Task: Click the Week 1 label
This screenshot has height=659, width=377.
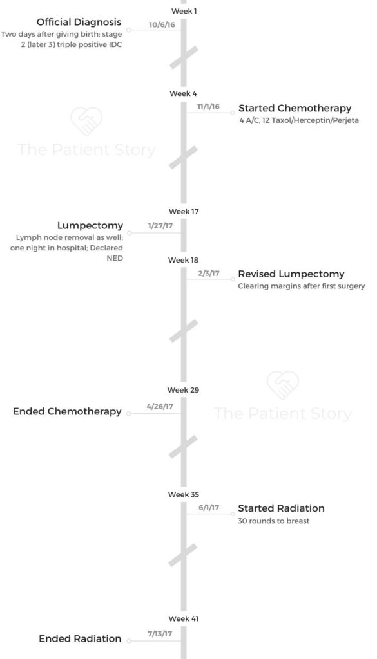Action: click(x=184, y=11)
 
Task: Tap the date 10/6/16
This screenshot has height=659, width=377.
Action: click(x=162, y=24)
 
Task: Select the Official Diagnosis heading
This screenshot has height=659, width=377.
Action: click(x=79, y=22)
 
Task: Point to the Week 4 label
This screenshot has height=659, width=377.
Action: click(x=183, y=94)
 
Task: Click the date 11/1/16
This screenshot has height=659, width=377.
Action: click(x=208, y=107)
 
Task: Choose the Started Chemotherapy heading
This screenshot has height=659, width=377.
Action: click(x=295, y=108)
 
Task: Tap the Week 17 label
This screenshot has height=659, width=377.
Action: click(x=184, y=211)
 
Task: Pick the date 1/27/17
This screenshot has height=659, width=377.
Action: click(x=160, y=226)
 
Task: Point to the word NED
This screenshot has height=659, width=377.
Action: click(x=115, y=258)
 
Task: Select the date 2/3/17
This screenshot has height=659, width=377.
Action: click(x=209, y=274)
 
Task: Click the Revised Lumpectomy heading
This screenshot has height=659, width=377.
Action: click(x=291, y=274)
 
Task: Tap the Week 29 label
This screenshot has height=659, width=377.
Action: click(x=184, y=390)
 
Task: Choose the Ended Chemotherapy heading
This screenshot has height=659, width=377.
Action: click(x=67, y=411)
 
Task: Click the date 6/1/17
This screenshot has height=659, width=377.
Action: click(x=209, y=508)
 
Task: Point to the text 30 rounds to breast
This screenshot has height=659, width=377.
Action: click(x=274, y=521)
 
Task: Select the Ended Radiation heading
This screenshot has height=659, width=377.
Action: click(x=80, y=639)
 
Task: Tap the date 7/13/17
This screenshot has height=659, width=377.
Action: click(x=160, y=634)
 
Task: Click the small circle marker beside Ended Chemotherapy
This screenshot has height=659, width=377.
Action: click(x=129, y=414)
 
